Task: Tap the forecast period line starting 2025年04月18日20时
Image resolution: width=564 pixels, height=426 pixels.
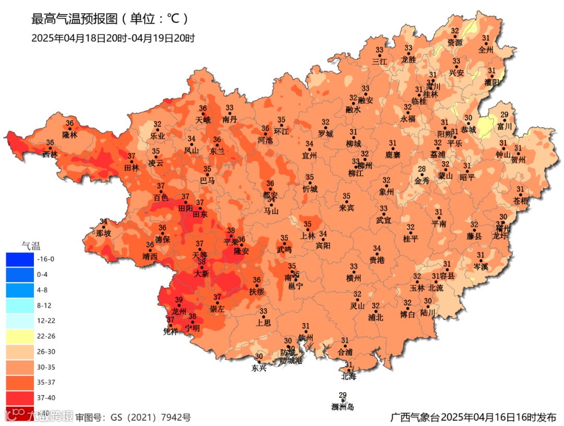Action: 113,38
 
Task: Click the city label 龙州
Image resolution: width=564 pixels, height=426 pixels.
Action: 179,311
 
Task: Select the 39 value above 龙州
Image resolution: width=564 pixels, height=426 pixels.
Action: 179,300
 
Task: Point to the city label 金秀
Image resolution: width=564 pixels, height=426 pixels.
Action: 422,181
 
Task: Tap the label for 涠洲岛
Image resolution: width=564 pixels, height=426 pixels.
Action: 343,407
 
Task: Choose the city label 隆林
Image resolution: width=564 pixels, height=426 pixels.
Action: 69,135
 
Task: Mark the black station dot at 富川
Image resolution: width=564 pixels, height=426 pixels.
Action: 504,120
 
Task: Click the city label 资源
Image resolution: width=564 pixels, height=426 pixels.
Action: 455,42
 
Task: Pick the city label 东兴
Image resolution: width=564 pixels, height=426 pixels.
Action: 259,368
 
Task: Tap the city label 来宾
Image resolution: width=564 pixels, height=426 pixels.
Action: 346,208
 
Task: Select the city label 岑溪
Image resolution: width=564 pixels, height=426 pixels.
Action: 480,266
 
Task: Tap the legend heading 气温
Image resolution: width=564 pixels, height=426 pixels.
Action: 31,245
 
